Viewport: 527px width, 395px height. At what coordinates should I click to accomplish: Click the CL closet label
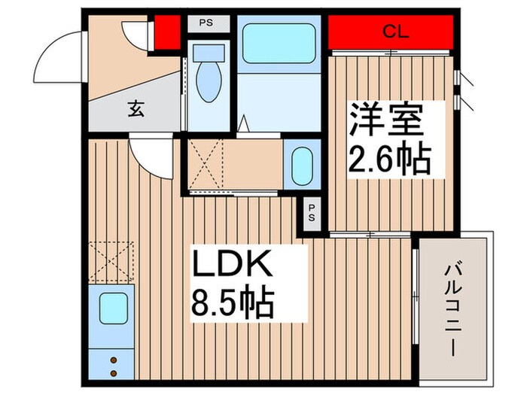coord(391,32)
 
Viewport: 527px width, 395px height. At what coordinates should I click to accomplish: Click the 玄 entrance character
coord(135,109)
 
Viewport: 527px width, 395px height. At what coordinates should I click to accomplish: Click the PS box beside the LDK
coord(312,213)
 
